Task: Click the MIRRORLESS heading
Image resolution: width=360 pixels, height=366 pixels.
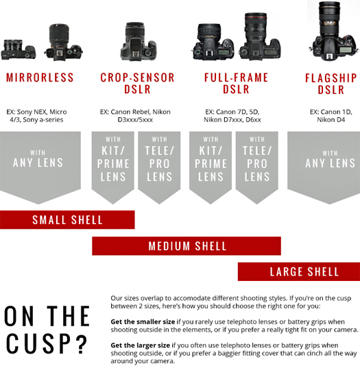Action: point(40,77)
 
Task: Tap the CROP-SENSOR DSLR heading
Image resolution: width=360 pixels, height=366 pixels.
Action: point(137,84)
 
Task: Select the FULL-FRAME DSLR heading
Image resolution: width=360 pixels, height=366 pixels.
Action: point(236,84)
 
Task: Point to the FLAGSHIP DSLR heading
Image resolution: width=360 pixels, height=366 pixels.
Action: point(331,84)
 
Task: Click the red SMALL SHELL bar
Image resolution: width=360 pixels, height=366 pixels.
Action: point(67,219)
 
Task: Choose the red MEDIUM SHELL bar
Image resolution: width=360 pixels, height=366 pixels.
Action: point(187,246)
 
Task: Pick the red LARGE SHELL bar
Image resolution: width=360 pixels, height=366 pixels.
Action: point(299,271)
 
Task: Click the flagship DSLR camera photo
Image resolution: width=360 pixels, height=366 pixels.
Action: point(333,32)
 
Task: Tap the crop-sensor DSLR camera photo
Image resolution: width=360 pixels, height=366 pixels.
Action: point(139,42)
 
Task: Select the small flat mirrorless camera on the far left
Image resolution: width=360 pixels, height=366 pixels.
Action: point(19,50)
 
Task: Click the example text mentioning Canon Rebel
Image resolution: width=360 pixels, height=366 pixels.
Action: point(135,116)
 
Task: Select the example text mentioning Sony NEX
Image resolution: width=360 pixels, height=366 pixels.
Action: point(36,116)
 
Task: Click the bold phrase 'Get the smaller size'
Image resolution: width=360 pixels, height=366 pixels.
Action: point(143,321)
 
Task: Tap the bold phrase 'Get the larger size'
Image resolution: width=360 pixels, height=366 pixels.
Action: point(140,345)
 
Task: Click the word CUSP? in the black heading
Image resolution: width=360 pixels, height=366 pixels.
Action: point(46,343)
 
